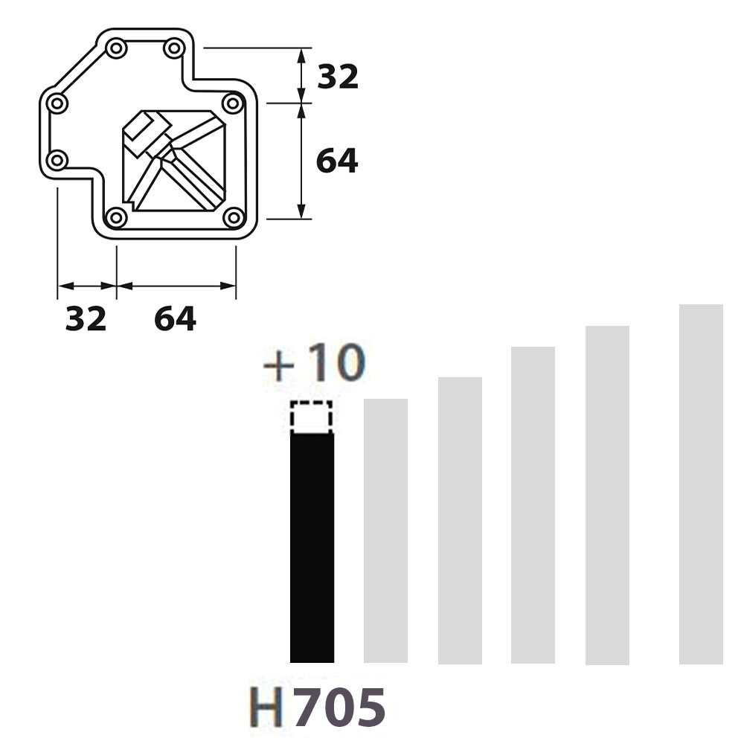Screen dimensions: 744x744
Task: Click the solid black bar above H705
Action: click(x=312, y=548)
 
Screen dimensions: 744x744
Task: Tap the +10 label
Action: click(x=315, y=363)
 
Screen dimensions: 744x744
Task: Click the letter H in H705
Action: click(x=266, y=707)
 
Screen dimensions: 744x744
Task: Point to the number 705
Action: click(x=340, y=707)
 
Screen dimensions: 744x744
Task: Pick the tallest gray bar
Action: click(x=702, y=484)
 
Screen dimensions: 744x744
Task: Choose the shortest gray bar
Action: click(x=385, y=530)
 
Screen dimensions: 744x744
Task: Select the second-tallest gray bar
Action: click(x=607, y=496)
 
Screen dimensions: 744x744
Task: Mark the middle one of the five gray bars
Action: click(x=533, y=505)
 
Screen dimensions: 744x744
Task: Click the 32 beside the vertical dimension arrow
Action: click(x=338, y=77)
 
